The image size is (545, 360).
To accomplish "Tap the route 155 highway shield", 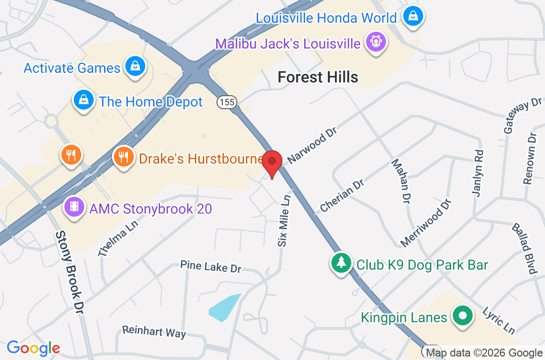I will point(226,102).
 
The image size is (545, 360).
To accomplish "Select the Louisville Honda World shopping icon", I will point(412,17).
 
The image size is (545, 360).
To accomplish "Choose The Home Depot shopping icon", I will point(84,101).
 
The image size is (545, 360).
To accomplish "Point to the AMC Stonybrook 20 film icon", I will point(74,207).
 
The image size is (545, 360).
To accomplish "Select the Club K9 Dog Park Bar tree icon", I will point(341,263).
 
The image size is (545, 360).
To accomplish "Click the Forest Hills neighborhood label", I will point(318,77).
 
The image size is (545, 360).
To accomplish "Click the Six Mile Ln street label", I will point(284,221).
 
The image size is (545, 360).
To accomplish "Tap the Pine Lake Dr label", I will point(211,266).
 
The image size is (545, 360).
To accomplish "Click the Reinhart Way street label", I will point(154,331).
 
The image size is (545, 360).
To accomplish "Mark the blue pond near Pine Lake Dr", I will point(225,307).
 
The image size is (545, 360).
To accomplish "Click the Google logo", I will point(33,348).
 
